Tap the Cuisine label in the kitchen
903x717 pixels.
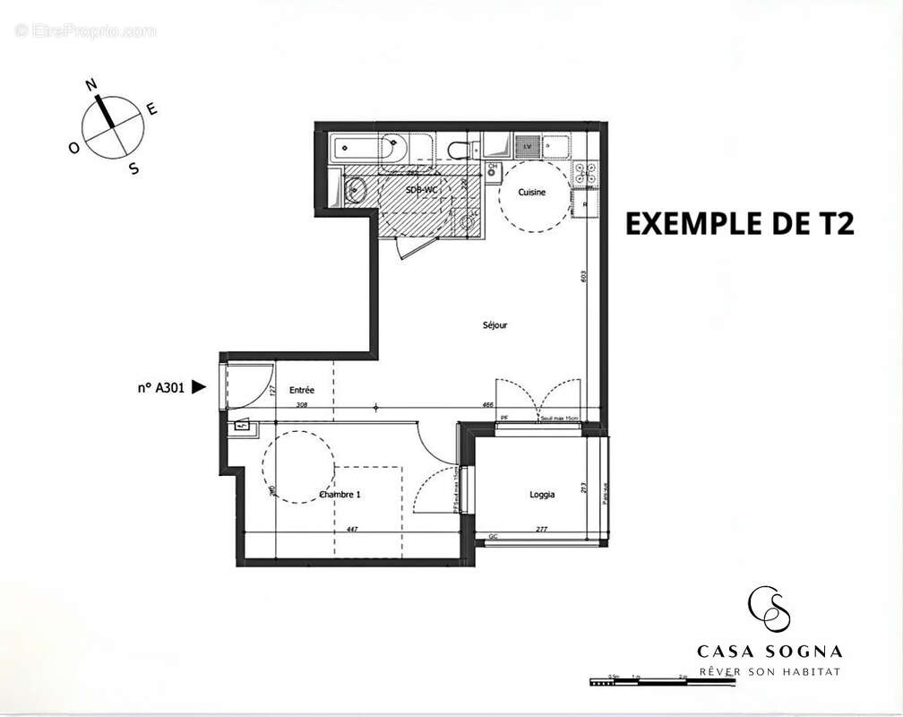[533, 193]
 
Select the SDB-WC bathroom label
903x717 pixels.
[422, 190]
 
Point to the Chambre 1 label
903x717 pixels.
[340, 495]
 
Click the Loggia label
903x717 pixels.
[542, 494]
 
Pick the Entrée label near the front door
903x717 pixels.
[302, 390]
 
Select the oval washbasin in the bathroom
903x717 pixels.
[355, 188]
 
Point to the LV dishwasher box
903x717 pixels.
[528, 145]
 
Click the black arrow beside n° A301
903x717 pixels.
[199, 387]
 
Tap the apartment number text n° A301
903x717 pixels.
[160, 388]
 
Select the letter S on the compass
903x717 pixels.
[133, 168]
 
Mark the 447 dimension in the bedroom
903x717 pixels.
[352, 530]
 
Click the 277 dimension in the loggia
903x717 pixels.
[541, 530]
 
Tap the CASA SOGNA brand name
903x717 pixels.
[770, 652]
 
